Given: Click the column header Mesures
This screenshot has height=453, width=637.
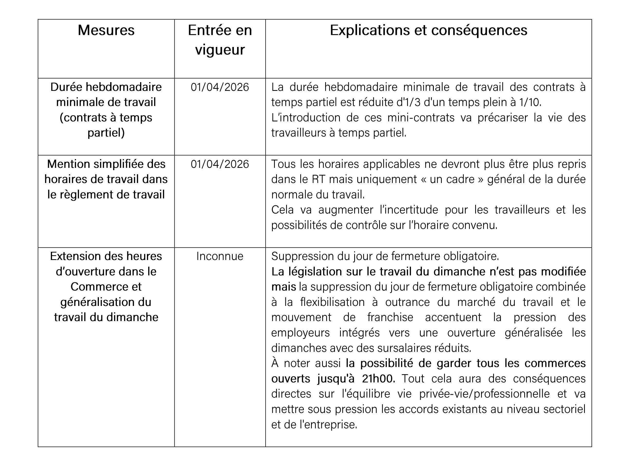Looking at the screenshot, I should pyautogui.click(x=106, y=30).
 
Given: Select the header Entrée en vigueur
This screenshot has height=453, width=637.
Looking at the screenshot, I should pyautogui.click(x=220, y=40).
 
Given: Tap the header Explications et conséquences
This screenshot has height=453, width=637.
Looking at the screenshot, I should pyautogui.click(x=428, y=30).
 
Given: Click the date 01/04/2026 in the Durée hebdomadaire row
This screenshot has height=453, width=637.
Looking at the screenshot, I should pyautogui.click(x=220, y=87).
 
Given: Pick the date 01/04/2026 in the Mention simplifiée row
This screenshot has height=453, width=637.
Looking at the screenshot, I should pyautogui.click(x=220, y=164).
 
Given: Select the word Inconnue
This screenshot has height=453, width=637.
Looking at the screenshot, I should pyautogui.click(x=220, y=256).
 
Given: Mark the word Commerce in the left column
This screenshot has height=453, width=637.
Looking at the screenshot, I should pyautogui.click(x=106, y=287).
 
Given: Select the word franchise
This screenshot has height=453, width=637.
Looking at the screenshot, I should pyautogui.click(x=390, y=317).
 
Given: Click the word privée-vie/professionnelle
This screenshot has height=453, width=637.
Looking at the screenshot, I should pyautogui.click(x=484, y=394).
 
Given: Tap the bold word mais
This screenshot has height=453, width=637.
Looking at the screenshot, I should pyautogui.click(x=283, y=287).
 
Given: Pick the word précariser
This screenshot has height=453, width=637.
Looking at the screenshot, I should pyautogui.click(x=502, y=118).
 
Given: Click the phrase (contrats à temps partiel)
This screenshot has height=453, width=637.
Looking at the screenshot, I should pyautogui.click(x=106, y=125).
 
